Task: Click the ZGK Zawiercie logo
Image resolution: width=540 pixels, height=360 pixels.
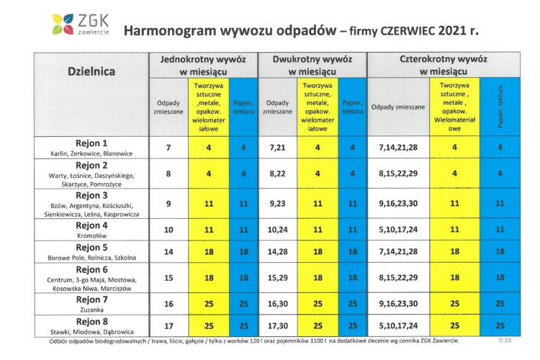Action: click(x=80, y=24)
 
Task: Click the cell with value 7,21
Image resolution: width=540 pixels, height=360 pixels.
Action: click(x=277, y=148)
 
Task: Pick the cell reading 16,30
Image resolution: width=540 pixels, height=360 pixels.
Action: click(x=277, y=305)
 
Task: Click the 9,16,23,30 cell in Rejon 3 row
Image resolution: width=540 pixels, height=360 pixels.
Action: click(x=398, y=204)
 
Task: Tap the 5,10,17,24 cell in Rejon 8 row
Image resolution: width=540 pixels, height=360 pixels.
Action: click(x=398, y=326)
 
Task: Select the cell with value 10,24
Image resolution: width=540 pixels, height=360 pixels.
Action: click(x=277, y=230)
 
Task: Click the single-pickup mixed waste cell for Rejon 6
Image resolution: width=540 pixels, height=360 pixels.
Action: click(x=168, y=277)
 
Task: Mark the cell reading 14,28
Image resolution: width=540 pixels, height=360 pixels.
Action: click(x=277, y=253)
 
